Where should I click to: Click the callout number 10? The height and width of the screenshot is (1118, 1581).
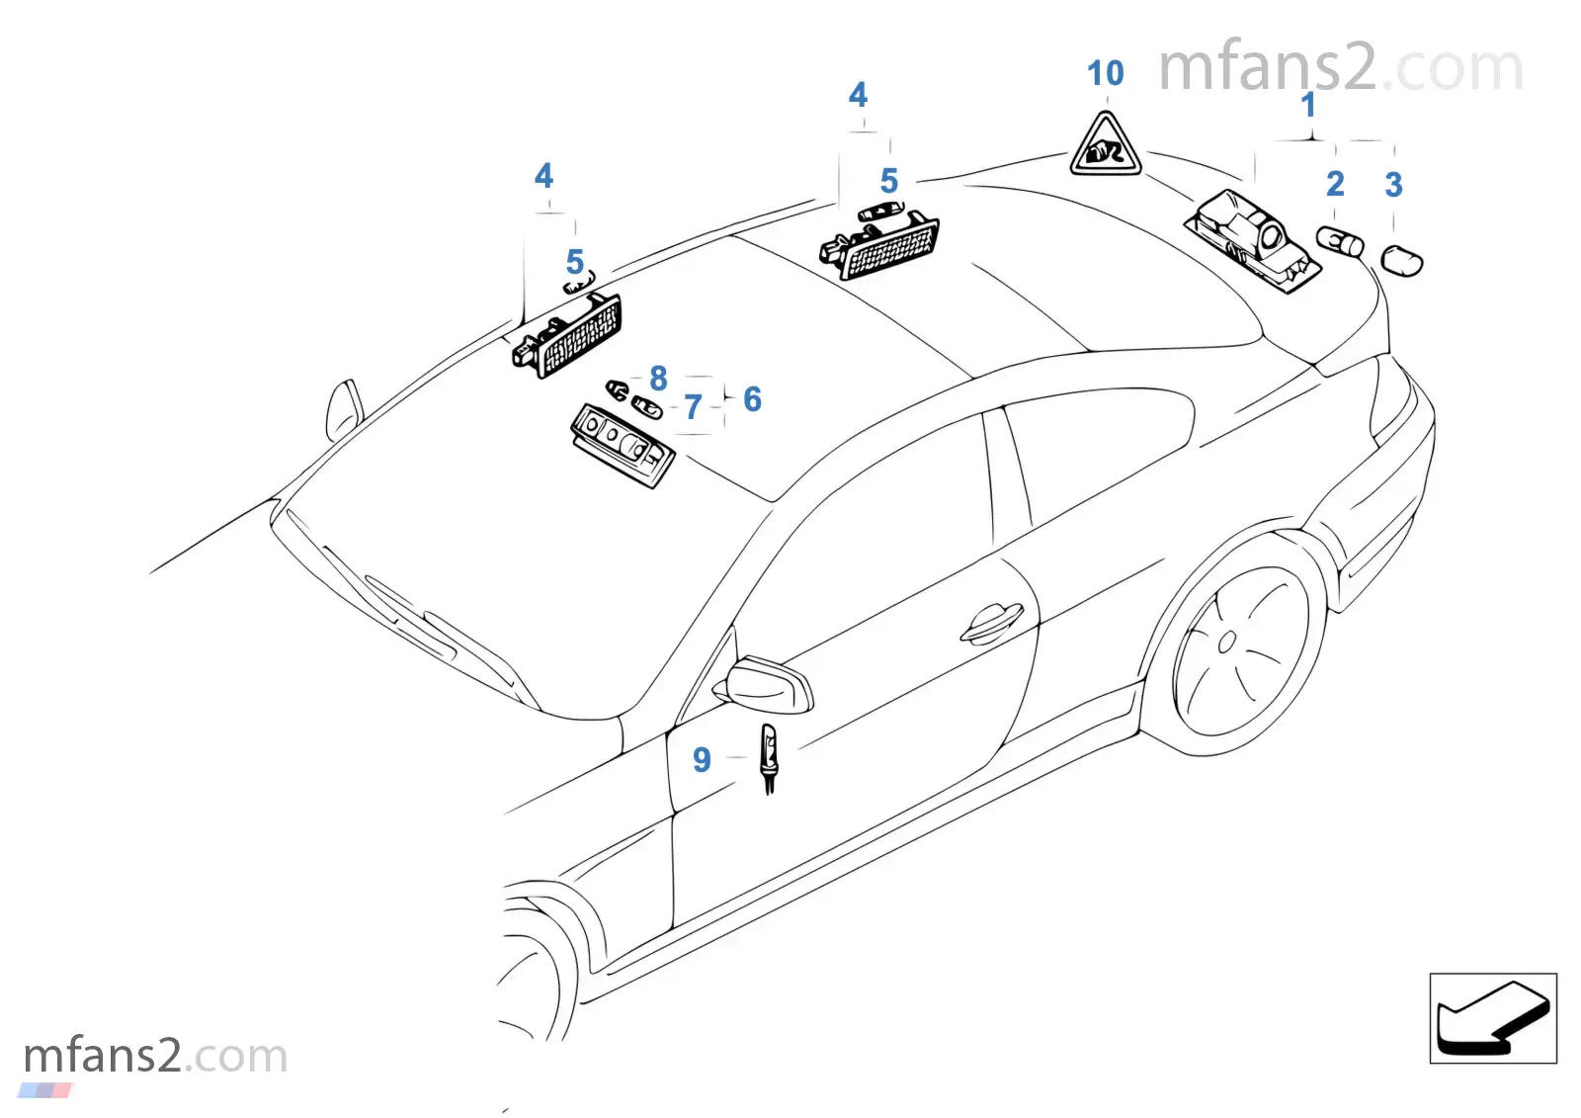[1105, 73]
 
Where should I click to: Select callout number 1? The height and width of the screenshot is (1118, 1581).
[1308, 105]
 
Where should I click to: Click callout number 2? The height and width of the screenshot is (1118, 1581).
[1335, 184]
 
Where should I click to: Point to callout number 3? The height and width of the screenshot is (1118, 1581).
[1393, 185]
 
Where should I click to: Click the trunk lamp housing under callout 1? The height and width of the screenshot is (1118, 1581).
[1253, 240]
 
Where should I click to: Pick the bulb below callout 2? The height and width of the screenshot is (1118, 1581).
[1340, 241]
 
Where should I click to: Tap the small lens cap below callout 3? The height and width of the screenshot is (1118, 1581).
[1401, 261]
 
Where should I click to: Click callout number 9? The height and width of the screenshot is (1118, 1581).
[702, 759]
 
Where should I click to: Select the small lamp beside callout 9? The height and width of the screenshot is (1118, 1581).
[769, 757]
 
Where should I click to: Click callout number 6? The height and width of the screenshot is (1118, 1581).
[752, 399]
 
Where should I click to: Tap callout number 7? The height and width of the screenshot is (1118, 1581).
[694, 406]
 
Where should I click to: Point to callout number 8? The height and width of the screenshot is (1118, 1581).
[658, 378]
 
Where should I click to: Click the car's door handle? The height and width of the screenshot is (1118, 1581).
[991, 623]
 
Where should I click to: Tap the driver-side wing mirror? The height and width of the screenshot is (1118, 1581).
[769, 684]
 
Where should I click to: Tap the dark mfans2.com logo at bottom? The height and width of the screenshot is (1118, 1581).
[154, 1056]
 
